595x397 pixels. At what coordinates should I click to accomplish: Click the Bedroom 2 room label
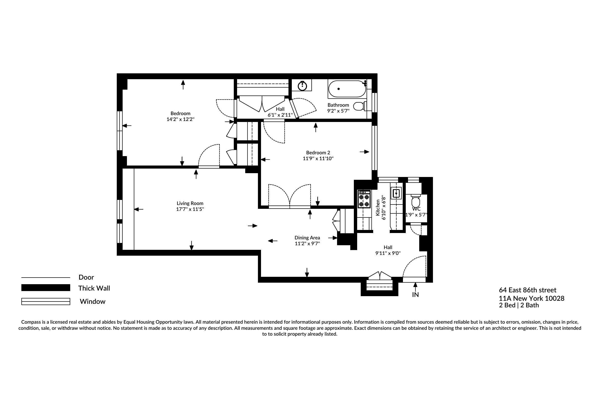click(x=318, y=153)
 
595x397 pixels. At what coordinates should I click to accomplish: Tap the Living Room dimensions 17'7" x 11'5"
click(x=190, y=209)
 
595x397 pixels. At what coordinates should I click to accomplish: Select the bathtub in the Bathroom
click(x=347, y=89)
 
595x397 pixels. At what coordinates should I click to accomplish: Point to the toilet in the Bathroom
click(x=359, y=106)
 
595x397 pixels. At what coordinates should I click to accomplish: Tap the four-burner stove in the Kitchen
click(x=364, y=199)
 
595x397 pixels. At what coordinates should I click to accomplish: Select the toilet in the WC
click(x=415, y=202)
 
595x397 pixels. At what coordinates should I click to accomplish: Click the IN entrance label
click(x=415, y=295)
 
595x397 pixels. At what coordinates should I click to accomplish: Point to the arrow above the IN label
click(x=415, y=286)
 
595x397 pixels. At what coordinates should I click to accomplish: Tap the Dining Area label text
click(x=307, y=238)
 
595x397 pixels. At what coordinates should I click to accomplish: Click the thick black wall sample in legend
click(x=46, y=288)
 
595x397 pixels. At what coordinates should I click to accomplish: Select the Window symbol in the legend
click(x=46, y=302)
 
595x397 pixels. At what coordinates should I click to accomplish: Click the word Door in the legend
click(x=86, y=277)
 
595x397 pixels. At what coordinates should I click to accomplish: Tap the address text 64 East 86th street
click(x=528, y=290)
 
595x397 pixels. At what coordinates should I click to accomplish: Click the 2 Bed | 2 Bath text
click(x=519, y=305)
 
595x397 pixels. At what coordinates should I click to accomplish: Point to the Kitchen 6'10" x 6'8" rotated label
click(x=381, y=208)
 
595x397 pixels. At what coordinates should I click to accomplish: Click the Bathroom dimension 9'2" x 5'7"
click(x=338, y=111)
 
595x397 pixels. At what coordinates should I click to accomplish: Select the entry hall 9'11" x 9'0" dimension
click(x=388, y=253)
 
